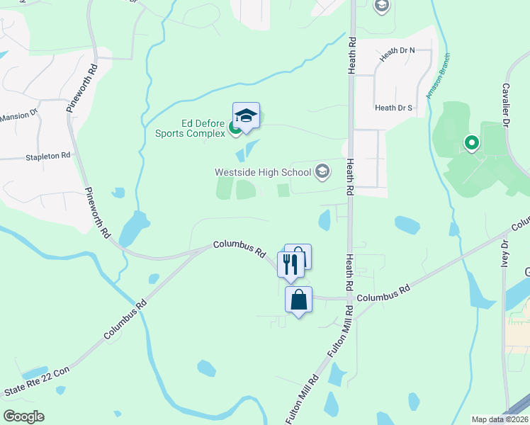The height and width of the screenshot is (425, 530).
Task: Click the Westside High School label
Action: (263, 171)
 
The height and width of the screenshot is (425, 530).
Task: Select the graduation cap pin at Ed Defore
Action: (246, 116)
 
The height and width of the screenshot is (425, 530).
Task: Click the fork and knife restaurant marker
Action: (291, 265)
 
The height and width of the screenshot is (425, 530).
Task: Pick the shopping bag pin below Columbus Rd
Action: (298, 300)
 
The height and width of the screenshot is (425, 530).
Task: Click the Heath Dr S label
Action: (393, 108)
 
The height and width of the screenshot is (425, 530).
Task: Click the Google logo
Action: (23, 416)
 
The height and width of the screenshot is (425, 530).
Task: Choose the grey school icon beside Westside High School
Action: (322, 171)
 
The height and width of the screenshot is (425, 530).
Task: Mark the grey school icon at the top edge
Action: (381, 6)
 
